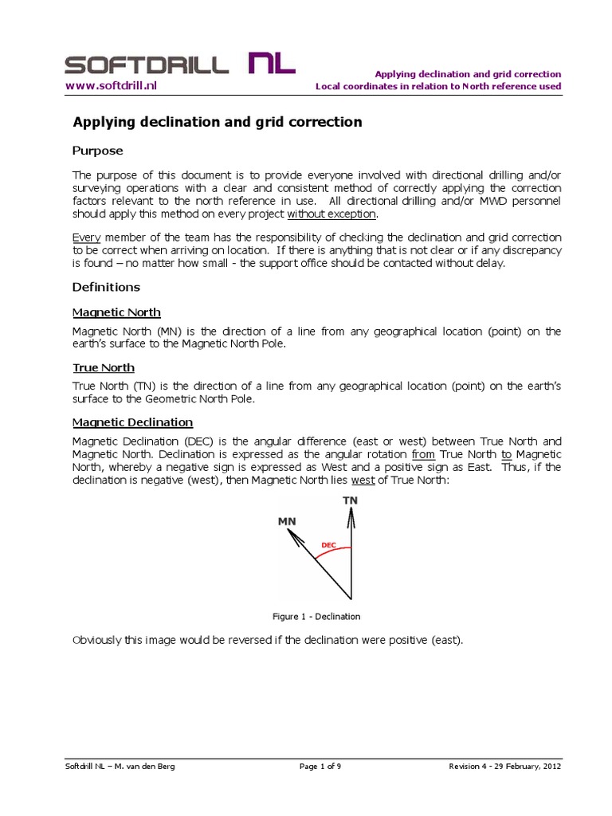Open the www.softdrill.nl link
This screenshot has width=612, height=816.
[111, 85]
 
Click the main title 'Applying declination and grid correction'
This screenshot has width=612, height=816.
[218, 122]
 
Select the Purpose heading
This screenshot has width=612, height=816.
[98, 151]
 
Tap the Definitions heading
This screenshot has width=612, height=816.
[106, 287]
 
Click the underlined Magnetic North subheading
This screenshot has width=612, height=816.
[116, 312]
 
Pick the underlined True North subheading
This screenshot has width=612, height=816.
[104, 367]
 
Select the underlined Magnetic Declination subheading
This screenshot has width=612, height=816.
[132, 422]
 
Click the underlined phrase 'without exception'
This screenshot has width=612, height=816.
[331, 214]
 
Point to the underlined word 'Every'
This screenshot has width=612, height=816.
[87, 237]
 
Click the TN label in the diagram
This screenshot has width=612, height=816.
[350, 500]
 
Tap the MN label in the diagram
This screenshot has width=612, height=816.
[287, 521]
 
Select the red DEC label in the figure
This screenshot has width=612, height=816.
[328, 546]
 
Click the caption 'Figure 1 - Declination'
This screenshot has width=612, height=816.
[316, 616]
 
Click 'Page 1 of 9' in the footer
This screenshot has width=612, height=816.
[320, 767]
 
